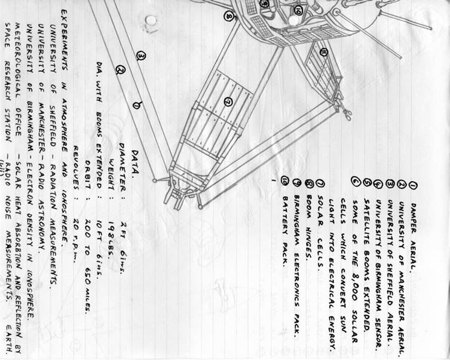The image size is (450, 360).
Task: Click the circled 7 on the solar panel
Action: tap(228, 102)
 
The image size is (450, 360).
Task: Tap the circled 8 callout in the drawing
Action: tap(229, 16)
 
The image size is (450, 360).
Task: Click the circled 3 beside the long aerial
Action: tap(141, 57)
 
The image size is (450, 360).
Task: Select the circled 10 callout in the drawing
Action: tap(298, 10)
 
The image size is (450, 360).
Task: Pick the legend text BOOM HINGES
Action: tap(308, 203)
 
